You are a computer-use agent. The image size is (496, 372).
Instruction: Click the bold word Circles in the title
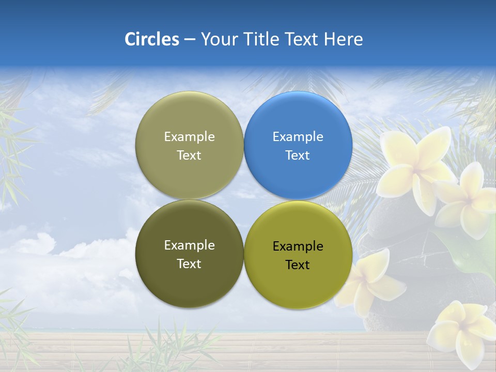click(x=152, y=39)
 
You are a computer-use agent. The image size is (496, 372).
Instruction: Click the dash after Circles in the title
click(x=190, y=40)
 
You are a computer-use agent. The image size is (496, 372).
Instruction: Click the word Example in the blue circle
click(x=298, y=137)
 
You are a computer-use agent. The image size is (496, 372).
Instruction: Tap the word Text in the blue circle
click(x=298, y=156)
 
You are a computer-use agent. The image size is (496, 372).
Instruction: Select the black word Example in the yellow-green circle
click(x=298, y=246)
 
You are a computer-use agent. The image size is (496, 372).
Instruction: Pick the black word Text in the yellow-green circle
click(x=298, y=265)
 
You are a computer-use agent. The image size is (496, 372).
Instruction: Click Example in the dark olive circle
click(x=189, y=245)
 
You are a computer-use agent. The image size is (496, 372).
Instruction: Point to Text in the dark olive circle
click(x=189, y=264)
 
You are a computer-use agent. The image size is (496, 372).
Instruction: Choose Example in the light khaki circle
click(x=189, y=137)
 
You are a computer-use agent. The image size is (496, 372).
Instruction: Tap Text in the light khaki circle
click(x=189, y=156)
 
